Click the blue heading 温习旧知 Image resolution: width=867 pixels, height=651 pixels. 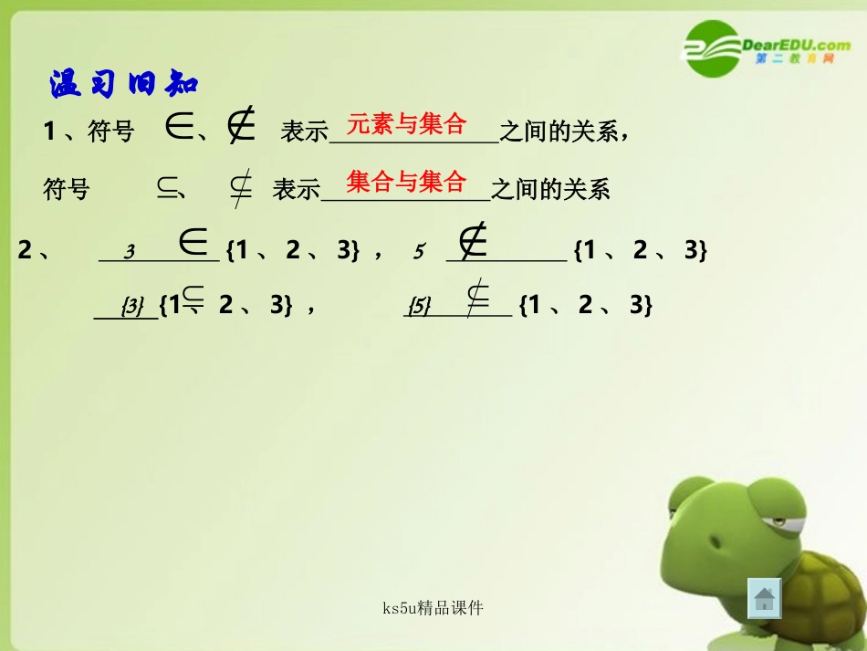123,85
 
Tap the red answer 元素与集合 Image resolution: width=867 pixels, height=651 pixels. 407,123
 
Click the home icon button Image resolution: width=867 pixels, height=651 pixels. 764,599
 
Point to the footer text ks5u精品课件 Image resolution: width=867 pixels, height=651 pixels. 433,607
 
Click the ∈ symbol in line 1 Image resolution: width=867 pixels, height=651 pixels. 178,129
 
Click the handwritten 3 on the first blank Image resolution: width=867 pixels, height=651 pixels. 130,252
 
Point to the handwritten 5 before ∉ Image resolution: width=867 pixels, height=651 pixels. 418,252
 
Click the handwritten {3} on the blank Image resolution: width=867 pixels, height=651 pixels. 133,307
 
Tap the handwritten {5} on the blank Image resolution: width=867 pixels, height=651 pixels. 419,306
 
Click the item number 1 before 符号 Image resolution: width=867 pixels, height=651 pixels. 49,131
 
